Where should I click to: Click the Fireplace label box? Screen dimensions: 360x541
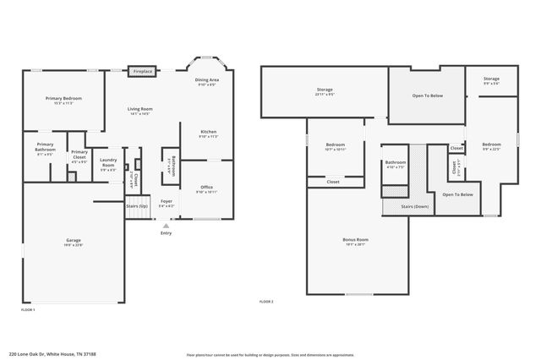[x=142, y=72]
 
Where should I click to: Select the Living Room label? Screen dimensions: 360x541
[x=139, y=109]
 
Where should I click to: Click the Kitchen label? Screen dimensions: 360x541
[x=208, y=132]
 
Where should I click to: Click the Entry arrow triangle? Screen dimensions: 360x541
[x=166, y=226]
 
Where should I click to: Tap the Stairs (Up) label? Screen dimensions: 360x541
[x=137, y=205]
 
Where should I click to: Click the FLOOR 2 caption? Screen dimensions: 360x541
[x=266, y=302]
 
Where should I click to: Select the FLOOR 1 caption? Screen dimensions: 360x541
[x=28, y=310]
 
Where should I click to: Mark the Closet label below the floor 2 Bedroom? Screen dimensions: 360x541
[x=333, y=181]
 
